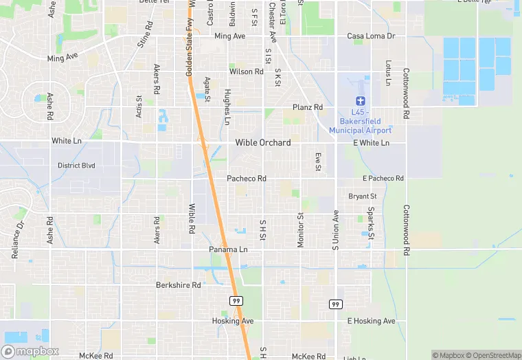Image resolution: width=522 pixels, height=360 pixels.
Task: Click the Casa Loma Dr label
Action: pos(371,36)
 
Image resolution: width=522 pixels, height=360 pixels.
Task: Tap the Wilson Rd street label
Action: pos(247,71)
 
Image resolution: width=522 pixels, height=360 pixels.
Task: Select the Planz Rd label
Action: pos(307,107)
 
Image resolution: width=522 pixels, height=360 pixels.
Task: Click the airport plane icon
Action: pos(360,101)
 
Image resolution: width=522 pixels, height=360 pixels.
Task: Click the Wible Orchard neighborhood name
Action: pos(263,143)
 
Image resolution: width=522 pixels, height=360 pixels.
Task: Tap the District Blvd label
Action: pos(76,166)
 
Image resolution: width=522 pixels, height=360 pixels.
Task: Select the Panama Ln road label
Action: pos(228,249)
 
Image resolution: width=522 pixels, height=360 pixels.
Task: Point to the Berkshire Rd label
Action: pos(178,285)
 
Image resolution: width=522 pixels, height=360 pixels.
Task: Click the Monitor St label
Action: pos(300,229)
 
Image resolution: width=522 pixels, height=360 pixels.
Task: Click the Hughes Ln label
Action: pos(227,106)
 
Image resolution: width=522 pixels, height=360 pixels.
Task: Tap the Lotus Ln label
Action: pos(387,73)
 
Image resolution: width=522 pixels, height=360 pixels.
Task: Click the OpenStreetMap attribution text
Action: pos(493,355)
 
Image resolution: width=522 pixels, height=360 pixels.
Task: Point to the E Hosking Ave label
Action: pos(371,321)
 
